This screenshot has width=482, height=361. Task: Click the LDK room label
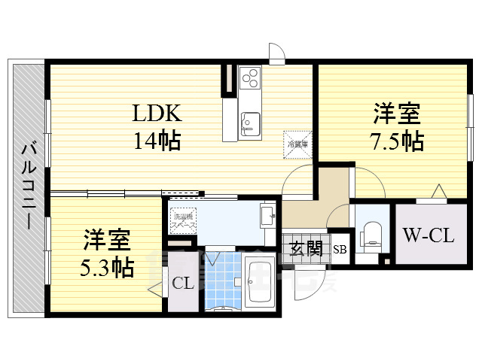click(157, 114)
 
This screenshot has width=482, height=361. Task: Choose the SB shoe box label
click(340, 249)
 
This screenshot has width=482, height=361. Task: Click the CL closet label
click(181, 284)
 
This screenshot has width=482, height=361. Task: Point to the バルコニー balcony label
click(29, 186)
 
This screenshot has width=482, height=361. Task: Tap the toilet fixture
click(371, 235)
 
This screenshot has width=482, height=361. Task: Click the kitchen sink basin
click(250, 123)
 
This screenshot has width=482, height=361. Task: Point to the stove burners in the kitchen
click(250, 77)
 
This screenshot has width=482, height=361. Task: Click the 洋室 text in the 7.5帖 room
click(396, 114)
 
